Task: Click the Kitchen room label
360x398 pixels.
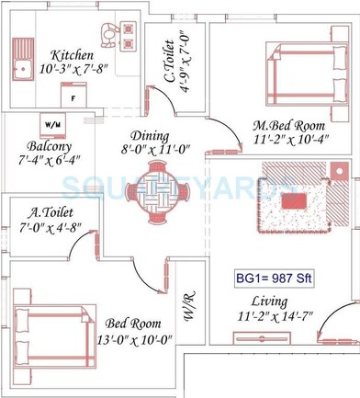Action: coord(71,54)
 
